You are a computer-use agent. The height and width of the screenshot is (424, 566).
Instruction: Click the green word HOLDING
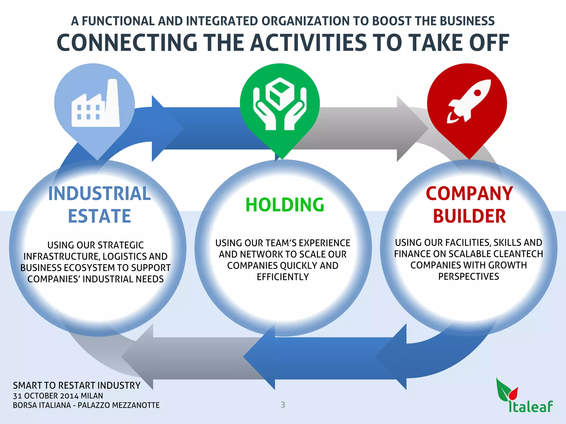(x=285, y=205)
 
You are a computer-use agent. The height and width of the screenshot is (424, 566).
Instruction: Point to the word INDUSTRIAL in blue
(x=99, y=194)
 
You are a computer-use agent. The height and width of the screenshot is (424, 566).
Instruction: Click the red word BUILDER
(x=469, y=216)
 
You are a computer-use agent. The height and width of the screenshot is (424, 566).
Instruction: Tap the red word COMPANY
(x=469, y=194)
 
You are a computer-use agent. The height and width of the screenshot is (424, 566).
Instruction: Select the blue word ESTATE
(x=99, y=216)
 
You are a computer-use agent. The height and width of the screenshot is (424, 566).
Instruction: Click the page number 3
(x=283, y=405)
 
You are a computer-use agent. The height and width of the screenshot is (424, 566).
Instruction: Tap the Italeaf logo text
(x=531, y=407)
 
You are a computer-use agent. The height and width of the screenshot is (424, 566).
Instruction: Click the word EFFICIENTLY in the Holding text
(x=283, y=277)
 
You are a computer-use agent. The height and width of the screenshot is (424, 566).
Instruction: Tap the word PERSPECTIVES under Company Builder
(x=468, y=277)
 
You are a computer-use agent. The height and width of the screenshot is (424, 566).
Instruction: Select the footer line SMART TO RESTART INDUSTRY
(x=77, y=385)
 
